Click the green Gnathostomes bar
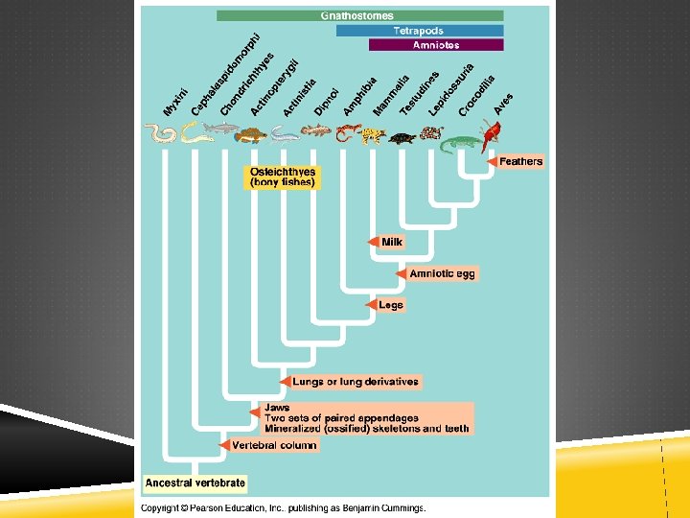pyautogui.click(x=359, y=16)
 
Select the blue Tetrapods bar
pyautogui.click(x=419, y=31)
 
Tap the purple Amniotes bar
pyautogui.click(x=435, y=45)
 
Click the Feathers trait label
pyautogui.click(x=520, y=161)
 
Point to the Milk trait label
pyautogui.click(x=392, y=242)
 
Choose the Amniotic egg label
pyautogui.click(x=442, y=273)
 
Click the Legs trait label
pyautogui.click(x=390, y=305)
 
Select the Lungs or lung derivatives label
pyautogui.click(x=355, y=382)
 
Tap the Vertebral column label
pyautogui.click(x=273, y=445)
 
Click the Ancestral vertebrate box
pyautogui.click(x=195, y=483)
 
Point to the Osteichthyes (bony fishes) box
pyautogui.click(x=282, y=177)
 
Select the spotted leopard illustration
pyautogui.click(x=372, y=135)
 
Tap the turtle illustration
pyautogui.click(x=402, y=137)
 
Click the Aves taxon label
pyautogui.click(x=503, y=105)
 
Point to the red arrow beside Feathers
pyautogui.click(x=492, y=161)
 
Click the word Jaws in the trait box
pyautogui.click(x=277, y=408)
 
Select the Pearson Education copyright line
pyautogui.click(x=284, y=507)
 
